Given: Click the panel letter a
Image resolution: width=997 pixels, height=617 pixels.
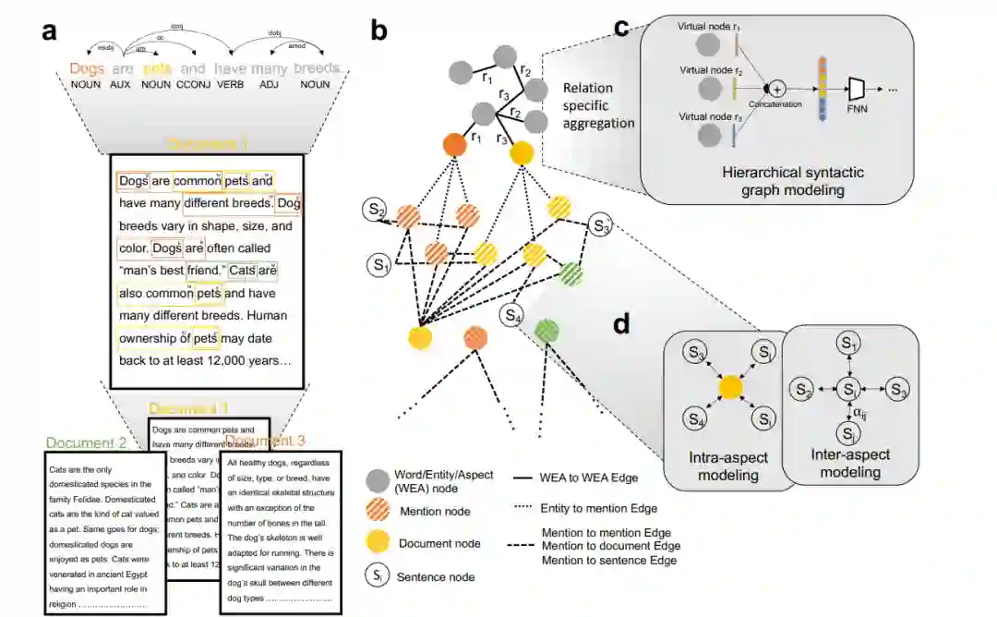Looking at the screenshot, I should [x=51, y=31].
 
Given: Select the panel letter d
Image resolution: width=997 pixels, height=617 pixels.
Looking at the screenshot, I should [x=623, y=324].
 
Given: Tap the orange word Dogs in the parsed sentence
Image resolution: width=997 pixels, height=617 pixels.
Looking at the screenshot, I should [x=87, y=68].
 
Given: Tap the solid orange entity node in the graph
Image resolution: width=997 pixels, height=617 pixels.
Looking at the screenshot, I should [x=453, y=145].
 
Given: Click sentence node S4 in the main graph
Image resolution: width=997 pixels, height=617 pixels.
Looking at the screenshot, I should [x=512, y=316].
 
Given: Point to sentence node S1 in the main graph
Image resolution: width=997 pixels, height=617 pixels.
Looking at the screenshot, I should [x=378, y=266].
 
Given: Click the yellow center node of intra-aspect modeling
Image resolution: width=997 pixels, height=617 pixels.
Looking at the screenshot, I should [x=728, y=387].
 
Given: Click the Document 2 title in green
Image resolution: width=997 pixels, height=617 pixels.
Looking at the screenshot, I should [x=86, y=442].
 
